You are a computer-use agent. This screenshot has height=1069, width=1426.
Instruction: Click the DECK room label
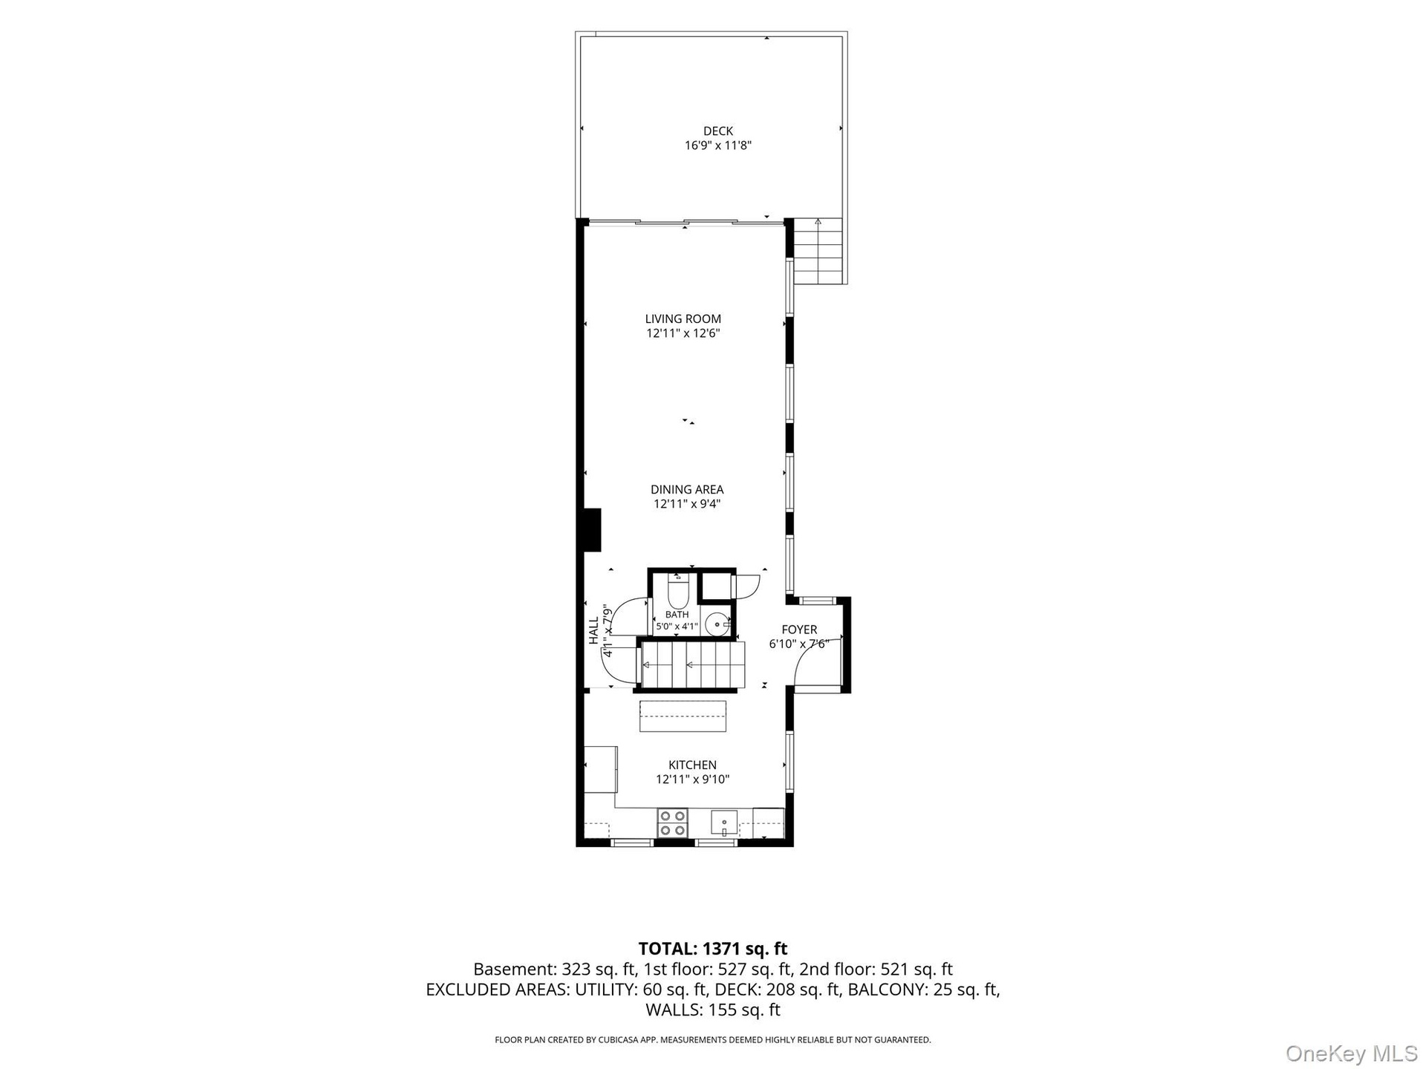[x=718, y=131]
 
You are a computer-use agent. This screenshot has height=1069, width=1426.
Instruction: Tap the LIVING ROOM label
[x=683, y=319]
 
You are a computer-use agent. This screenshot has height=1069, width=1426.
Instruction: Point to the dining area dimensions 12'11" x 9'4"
[x=687, y=504]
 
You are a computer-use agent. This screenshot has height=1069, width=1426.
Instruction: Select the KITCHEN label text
[x=692, y=765]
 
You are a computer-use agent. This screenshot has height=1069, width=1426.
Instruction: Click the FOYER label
[x=799, y=630]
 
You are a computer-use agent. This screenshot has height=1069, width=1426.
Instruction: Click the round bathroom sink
[x=717, y=624]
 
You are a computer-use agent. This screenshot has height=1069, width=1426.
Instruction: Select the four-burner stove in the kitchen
[x=673, y=823]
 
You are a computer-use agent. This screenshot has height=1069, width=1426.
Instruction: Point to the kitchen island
[x=683, y=716]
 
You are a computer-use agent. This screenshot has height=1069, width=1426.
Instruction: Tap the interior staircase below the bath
[x=692, y=665]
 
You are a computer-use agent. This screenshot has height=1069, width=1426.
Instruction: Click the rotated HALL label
[x=593, y=630]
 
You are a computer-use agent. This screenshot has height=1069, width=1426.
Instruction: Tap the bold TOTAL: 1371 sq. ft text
[x=713, y=949]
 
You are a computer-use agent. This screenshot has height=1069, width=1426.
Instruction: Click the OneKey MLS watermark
[x=1351, y=1053]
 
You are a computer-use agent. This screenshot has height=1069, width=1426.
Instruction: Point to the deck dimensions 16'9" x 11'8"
[x=718, y=146]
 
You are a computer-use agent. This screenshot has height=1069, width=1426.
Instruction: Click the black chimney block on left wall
[x=592, y=530]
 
